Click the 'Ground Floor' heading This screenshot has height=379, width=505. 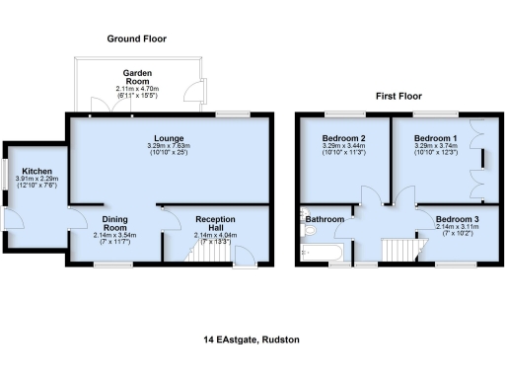pyautogui.click(x=137, y=38)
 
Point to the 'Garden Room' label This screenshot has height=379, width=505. pyautogui.click(x=136, y=74)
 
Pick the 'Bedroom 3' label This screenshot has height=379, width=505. pyautogui.click(x=456, y=218)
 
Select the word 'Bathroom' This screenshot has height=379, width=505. pyautogui.click(x=324, y=218)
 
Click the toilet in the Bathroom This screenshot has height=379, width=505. pyautogui.click(x=307, y=231)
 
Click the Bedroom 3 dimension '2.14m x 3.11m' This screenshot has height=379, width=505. pyautogui.click(x=456, y=227)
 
